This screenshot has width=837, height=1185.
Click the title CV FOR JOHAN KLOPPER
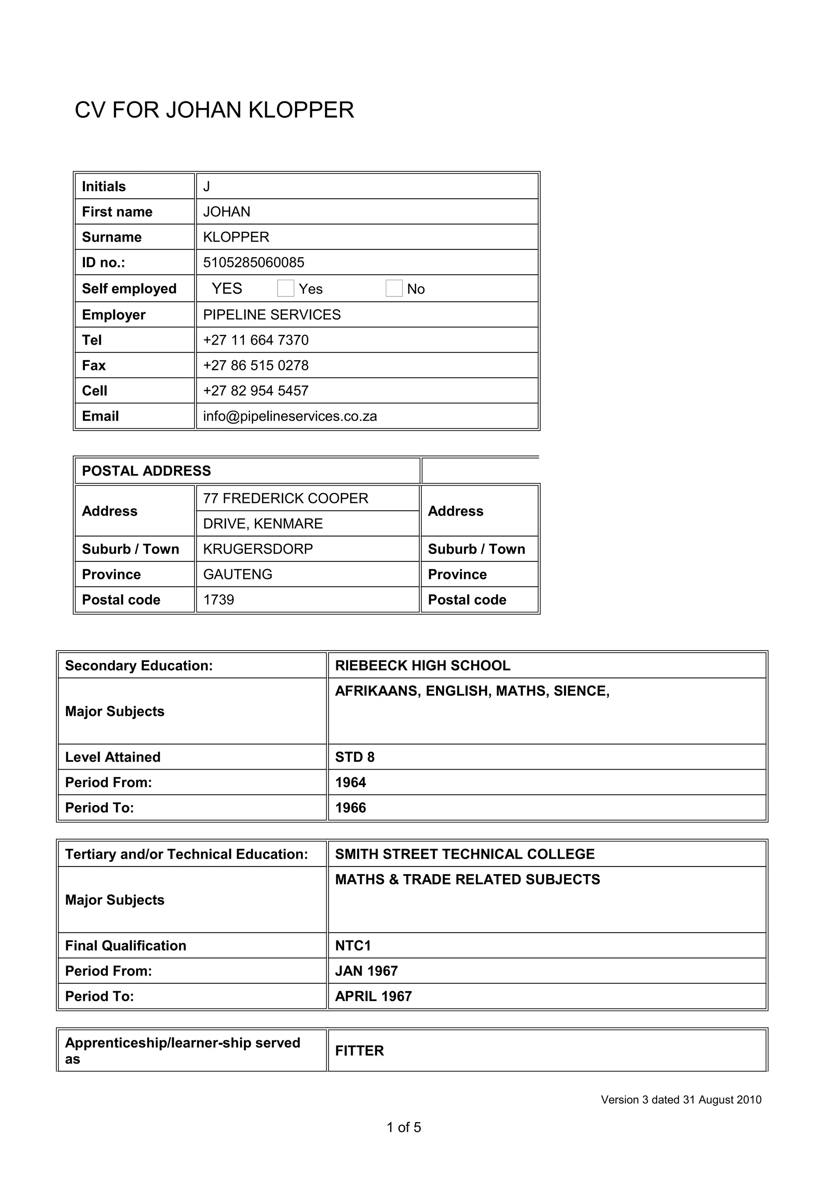(x=214, y=110)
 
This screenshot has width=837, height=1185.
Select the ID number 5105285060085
(x=254, y=263)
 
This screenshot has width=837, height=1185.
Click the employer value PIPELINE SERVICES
(x=272, y=315)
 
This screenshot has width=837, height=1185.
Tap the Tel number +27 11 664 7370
(x=256, y=340)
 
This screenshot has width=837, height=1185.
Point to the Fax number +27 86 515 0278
(x=256, y=366)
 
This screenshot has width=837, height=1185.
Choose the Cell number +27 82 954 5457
(x=256, y=391)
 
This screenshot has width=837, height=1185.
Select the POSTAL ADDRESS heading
(x=146, y=471)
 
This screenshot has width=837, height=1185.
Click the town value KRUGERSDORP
(x=258, y=549)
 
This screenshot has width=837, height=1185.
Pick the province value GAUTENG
(x=238, y=574)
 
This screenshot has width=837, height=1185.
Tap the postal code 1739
(x=219, y=600)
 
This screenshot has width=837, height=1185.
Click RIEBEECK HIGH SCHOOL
(x=422, y=665)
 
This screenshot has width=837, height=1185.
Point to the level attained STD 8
(x=355, y=757)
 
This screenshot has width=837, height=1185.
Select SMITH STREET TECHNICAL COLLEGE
(x=465, y=854)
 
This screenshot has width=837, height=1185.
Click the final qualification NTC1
(x=353, y=945)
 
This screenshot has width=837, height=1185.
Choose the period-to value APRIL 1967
(x=374, y=996)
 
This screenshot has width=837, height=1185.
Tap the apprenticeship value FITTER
(x=360, y=1051)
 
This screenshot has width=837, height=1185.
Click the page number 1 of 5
(x=404, y=1127)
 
